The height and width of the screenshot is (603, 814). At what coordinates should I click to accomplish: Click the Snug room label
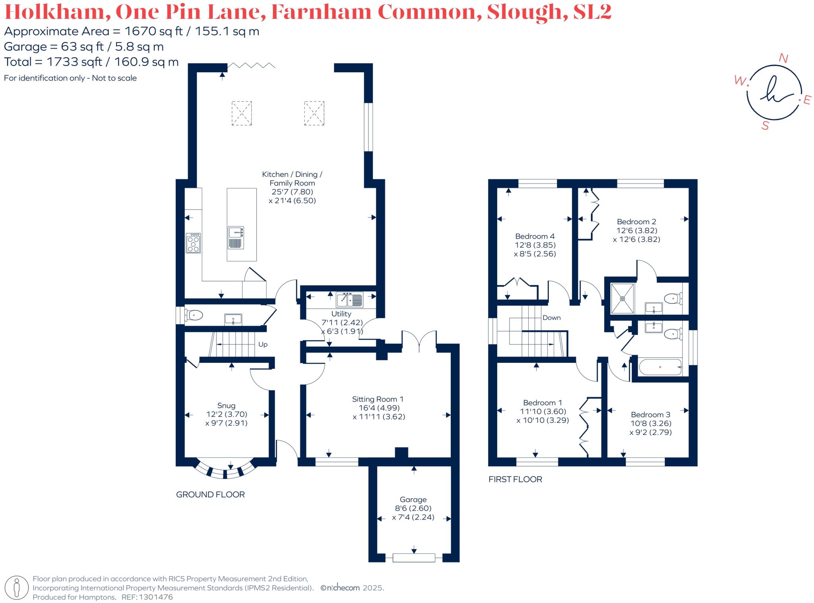(x=226, y=406)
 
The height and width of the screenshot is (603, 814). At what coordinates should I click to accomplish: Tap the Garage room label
(x=413, y=500)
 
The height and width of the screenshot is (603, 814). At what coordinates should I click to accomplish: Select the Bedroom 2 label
(x=636, y=222)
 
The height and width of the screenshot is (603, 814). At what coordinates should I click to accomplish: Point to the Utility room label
(x=341, y=314)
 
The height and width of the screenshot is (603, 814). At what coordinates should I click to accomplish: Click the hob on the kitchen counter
(x=194, y=243)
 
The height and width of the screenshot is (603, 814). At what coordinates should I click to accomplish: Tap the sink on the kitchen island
(x=236, y=237)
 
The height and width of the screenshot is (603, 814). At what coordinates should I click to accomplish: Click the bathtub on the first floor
(x=660, y=367)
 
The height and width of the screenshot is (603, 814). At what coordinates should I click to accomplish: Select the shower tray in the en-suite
(x=622, y=298)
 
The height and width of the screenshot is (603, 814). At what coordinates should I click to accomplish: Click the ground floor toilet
(x=194, y=316)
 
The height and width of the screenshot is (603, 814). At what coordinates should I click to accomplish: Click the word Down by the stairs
(x=552, y=318)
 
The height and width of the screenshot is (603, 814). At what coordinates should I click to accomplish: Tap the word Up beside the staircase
(x=263, y=344)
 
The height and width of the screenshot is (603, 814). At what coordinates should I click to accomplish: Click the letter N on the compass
(x=783, y=58)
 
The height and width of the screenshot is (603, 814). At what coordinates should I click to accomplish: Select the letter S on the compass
(x=765, y=126)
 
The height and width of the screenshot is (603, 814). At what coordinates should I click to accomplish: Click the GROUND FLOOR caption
(x=210, y=494)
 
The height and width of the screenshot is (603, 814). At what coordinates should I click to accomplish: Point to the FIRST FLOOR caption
(x=515, y=479)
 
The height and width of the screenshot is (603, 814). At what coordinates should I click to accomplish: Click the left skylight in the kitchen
(x=242, y=113)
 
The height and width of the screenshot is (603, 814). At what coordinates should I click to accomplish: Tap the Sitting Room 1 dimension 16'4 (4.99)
(x=376, y=408)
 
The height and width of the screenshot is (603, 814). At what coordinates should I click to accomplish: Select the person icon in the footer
(x=16, y=588)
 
